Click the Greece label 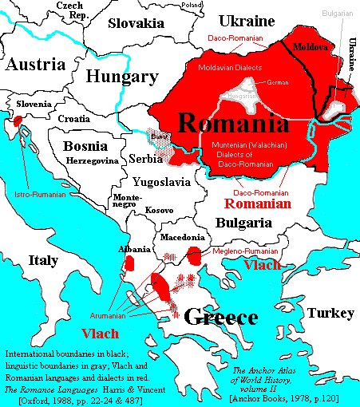click(x=221, y=318)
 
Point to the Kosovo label click(x=160, y=210)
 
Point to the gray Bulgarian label click(x=339, y=14)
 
